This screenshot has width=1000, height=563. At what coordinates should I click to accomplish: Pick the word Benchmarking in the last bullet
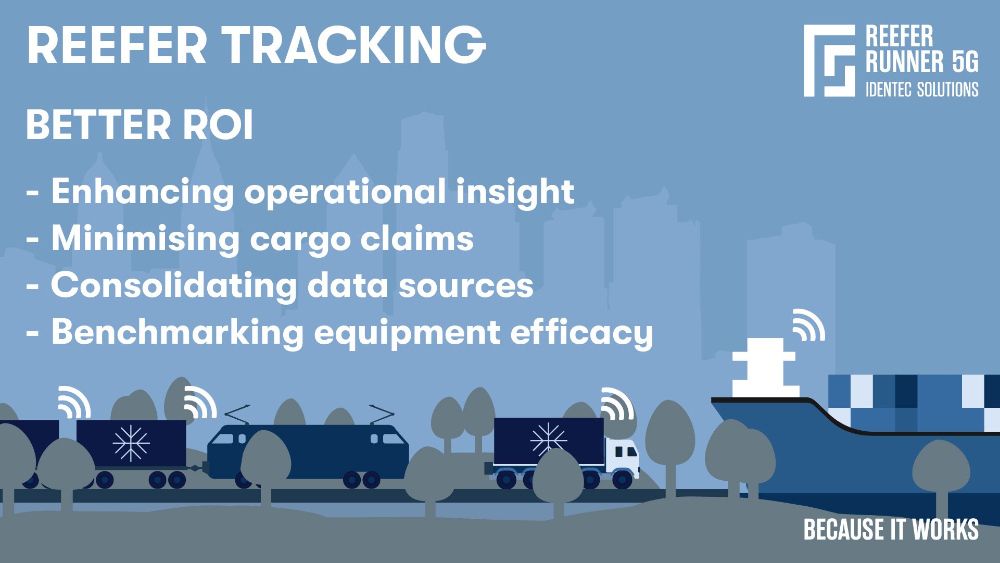[x=177, y=332]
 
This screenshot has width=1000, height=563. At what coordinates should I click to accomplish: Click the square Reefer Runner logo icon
[x=829, y=60]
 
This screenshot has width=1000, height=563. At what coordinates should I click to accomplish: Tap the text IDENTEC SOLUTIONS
[x=921, y=90]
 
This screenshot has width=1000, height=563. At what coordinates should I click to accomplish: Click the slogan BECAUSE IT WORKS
[x=891, y=530]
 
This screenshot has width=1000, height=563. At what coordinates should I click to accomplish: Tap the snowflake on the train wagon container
[x=131, y=443]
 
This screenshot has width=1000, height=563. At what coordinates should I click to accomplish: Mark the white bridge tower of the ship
[x=765, y=368]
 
